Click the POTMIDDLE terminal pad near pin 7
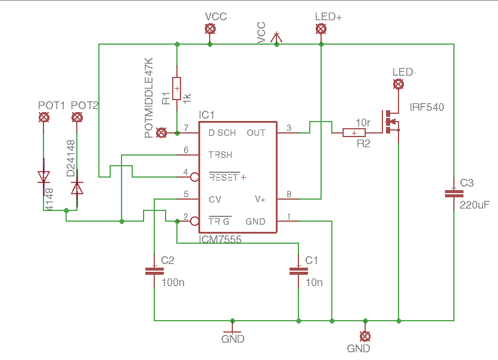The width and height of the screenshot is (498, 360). point(161,132)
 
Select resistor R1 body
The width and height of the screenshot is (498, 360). point(177,89)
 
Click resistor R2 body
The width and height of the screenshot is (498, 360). point(355,133)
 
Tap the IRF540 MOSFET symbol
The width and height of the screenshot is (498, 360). point(391,123)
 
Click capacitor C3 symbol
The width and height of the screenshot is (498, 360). point(454,193)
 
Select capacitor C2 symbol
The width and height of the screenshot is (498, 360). point(154,271)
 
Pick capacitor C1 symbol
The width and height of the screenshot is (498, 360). point(298,271)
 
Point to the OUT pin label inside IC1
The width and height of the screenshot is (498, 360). point(256,133)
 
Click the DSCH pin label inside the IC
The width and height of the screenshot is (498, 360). point(222,133)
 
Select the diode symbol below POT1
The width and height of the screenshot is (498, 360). point(43,177)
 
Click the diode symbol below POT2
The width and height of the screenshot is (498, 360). point(77,188)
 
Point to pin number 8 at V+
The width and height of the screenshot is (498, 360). point(289,194)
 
